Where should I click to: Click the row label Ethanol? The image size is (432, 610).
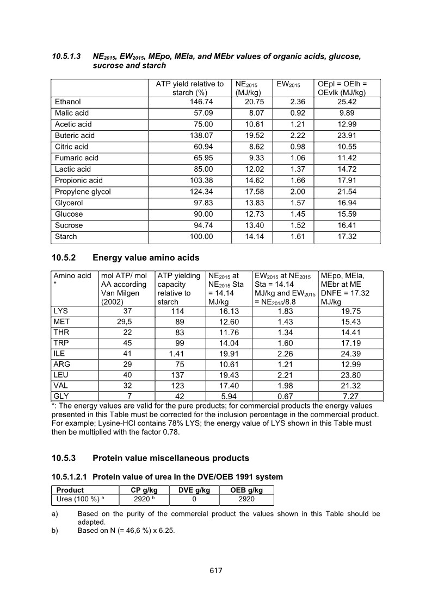pyautogui.click(x=68, y=102)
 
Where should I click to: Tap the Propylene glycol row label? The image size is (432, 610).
pyautogui.click(x=83, y=192)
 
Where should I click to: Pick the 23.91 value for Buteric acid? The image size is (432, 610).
pyautogui.click(x=353, y=135)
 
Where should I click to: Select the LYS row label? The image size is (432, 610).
pyautogui.click(x=62, y=311)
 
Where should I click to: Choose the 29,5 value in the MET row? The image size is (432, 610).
pyautogui.click(x=126, y=323)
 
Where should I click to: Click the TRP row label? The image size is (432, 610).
pyautogui.click(x=62, y=345)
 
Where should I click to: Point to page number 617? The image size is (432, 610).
pyautogui.click(x=216, y=570)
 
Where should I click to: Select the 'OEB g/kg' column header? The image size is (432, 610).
pyautogui.click(x=246, y=490)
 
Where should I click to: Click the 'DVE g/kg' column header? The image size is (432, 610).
pyautogui.click(x=194, y=490)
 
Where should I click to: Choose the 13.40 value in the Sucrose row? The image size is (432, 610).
pyautogui.click(x=246, y=225)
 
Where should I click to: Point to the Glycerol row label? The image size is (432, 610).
pyautogui.click(x=70, y=203)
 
